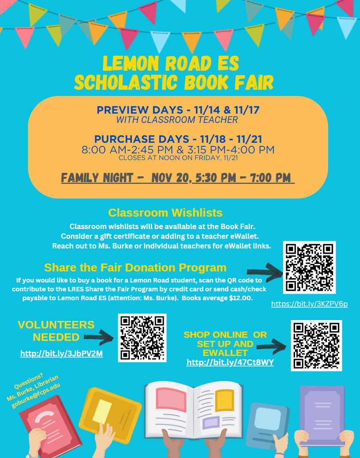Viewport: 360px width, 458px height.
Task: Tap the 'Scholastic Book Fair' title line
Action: point(174,83)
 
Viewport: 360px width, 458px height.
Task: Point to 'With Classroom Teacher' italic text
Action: point(177,120)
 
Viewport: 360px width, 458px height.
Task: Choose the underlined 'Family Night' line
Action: point(177,178)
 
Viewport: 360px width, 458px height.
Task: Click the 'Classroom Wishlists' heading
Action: point(165,213)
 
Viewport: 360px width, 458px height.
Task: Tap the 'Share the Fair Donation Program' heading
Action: point(135,267)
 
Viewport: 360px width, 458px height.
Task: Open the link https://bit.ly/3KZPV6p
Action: point(309,304)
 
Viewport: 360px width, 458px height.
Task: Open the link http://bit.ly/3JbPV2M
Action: point(61,354)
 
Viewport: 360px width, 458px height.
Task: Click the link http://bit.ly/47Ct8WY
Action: point(230,363)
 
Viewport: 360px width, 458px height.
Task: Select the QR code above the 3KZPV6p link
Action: point(309,267)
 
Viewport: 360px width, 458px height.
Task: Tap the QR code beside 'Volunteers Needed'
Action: point(142,337)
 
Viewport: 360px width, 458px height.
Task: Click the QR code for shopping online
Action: point(316,345)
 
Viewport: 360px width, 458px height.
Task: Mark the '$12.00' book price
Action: point(239,298)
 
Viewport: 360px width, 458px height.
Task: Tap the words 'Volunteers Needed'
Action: point(56,331)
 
